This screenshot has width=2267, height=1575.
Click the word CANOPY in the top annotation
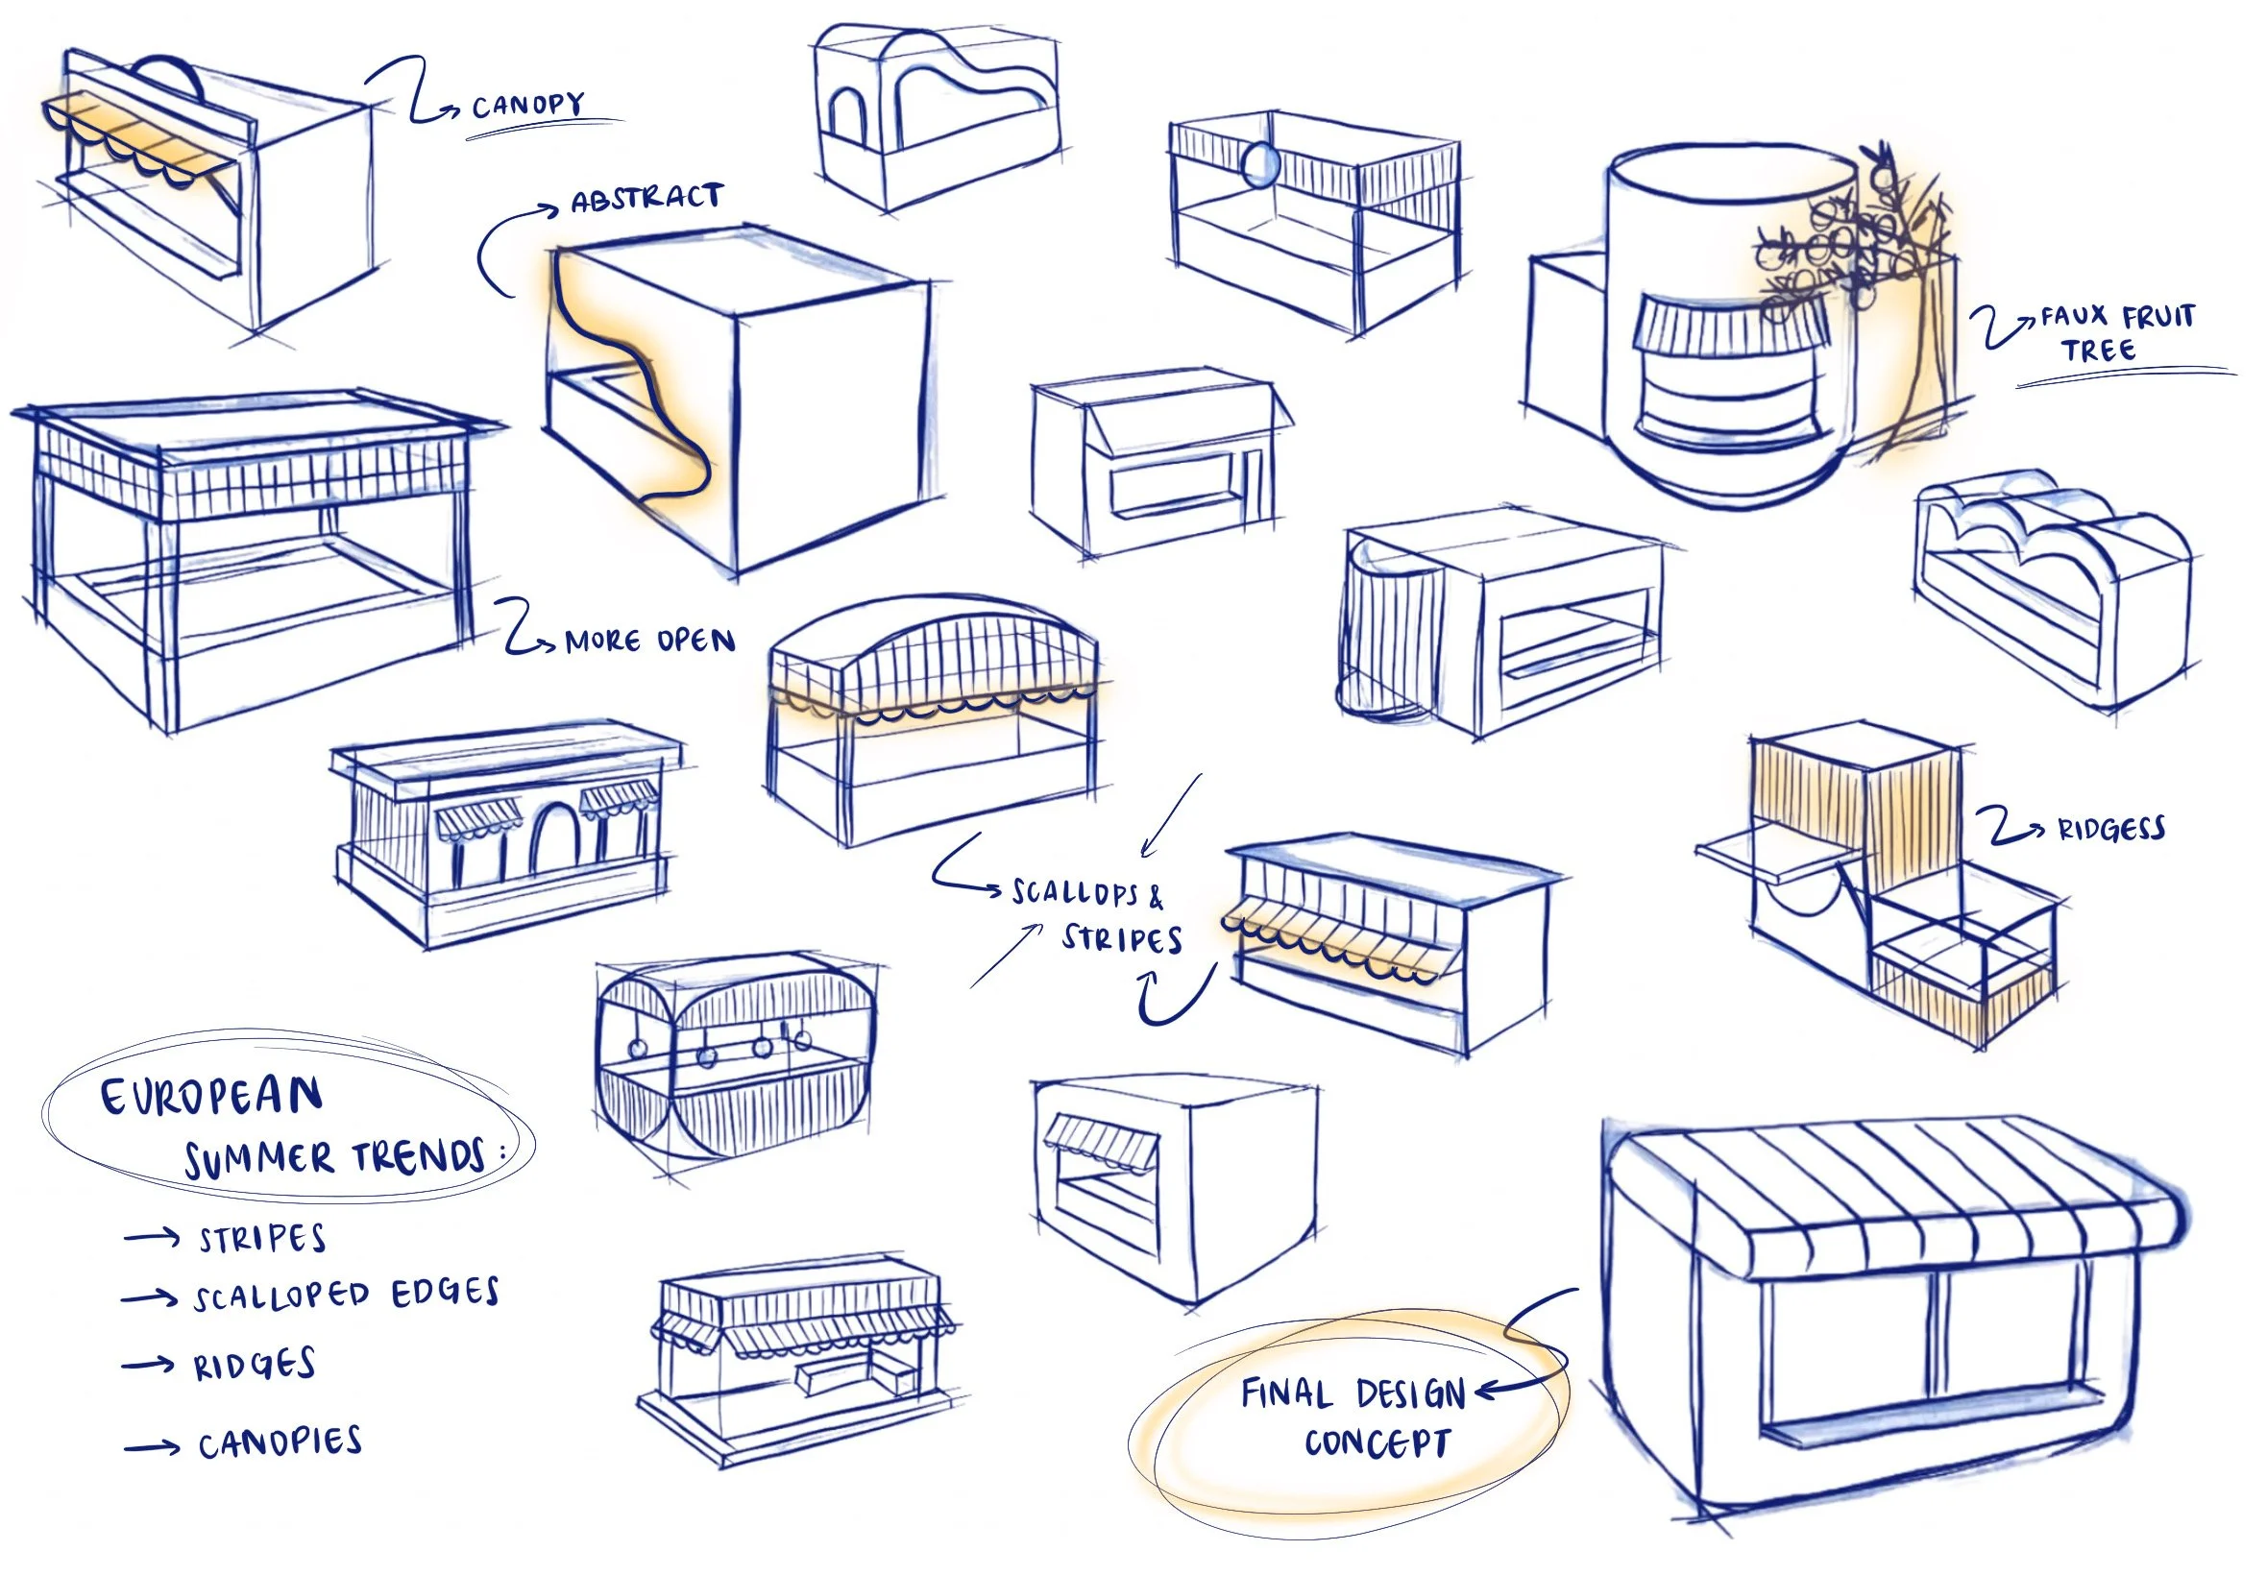click(x=527, y=104)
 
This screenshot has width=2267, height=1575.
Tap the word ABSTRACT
click(x=646, y=199)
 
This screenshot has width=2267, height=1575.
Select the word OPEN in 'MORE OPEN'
click(x=695, y=642)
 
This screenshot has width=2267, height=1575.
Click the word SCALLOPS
click(x=1075, y=893)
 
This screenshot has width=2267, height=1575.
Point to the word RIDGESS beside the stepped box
click(x=2111, y=829)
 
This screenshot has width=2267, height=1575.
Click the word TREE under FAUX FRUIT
click(x=2098, y=351)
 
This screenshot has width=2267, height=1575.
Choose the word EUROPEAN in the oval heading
click(x=212, y=1097)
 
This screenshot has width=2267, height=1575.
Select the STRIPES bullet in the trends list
click(x=261, y=1240)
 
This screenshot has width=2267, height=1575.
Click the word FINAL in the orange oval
click(x=1287, y=1393)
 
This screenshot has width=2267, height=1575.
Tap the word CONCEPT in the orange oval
click(x=1377, y=1443)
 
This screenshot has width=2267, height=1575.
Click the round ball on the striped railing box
click(x=1260, y=164)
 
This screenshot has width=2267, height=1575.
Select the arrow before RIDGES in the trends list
click(x=148, y=1366)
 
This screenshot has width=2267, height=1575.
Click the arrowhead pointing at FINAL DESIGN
click(x=1486, y=1393)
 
